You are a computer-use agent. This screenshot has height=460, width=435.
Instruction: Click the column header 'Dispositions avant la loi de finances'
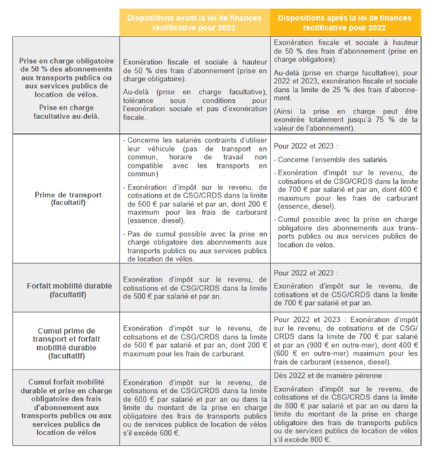[x=195, y=22]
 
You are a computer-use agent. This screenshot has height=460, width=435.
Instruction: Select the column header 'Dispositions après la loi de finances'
[x=345, y=22]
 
